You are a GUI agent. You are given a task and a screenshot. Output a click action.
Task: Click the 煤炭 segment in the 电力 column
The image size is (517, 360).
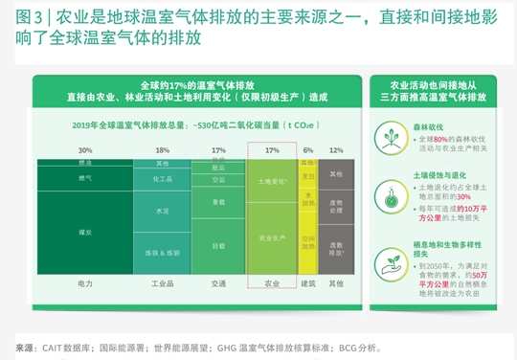tap(85, 232)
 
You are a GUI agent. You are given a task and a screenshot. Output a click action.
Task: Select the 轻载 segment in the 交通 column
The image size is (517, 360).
tap(219, 246)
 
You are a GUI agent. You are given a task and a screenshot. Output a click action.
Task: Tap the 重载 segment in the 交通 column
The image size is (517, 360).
tap(219, 202)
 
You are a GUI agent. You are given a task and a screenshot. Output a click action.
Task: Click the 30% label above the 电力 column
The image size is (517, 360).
tap(85, 150)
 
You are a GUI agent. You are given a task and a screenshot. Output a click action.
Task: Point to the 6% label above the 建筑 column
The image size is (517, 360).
tap(308, 150)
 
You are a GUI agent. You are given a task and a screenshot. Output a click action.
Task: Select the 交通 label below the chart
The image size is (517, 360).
tap(219, 284)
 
